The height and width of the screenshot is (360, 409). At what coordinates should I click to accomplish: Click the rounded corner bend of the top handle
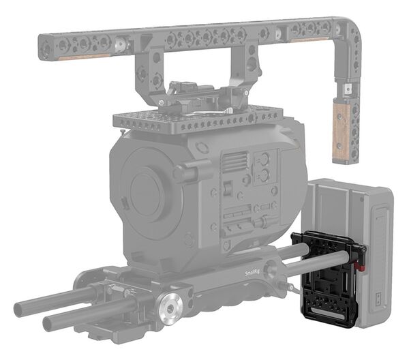344,31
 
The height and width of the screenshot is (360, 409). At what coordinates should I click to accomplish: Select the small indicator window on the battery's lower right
378,299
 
